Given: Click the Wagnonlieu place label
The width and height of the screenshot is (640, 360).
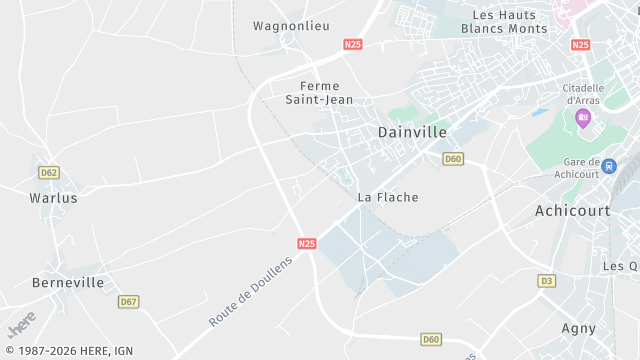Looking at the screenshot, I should tap(291, 26).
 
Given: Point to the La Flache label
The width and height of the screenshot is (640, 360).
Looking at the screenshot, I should tap(388, 197).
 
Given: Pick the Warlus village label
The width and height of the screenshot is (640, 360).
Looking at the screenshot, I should tap(54, 197).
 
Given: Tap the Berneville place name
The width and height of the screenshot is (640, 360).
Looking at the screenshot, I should tap(68, 282).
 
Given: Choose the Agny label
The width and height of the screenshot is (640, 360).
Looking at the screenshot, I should tap(578, 328).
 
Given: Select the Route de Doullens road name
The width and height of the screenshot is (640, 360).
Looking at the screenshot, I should tap(250, 291).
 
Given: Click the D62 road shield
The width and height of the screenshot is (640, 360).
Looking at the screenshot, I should tap(49, 172).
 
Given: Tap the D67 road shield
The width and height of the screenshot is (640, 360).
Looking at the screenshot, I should tap(128, 301).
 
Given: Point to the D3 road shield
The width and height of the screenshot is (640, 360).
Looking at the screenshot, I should tap(546, 281).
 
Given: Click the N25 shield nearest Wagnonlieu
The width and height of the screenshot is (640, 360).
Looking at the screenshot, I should tap(352, 45).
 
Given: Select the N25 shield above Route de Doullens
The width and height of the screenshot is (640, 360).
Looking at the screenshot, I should tap(307, 243).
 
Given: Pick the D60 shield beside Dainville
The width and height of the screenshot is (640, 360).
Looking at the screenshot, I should tap(453, 159).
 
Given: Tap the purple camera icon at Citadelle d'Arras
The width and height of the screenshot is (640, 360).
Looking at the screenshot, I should tap(583, 119).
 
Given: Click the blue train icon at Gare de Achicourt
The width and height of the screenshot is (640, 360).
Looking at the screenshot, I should tap(609, 166).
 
